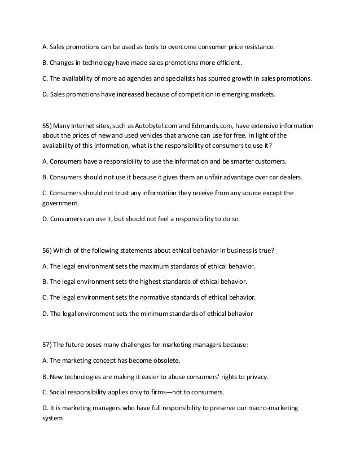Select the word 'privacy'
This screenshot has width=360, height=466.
(x=256, y=376)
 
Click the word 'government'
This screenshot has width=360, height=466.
(x=60, y=203)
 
